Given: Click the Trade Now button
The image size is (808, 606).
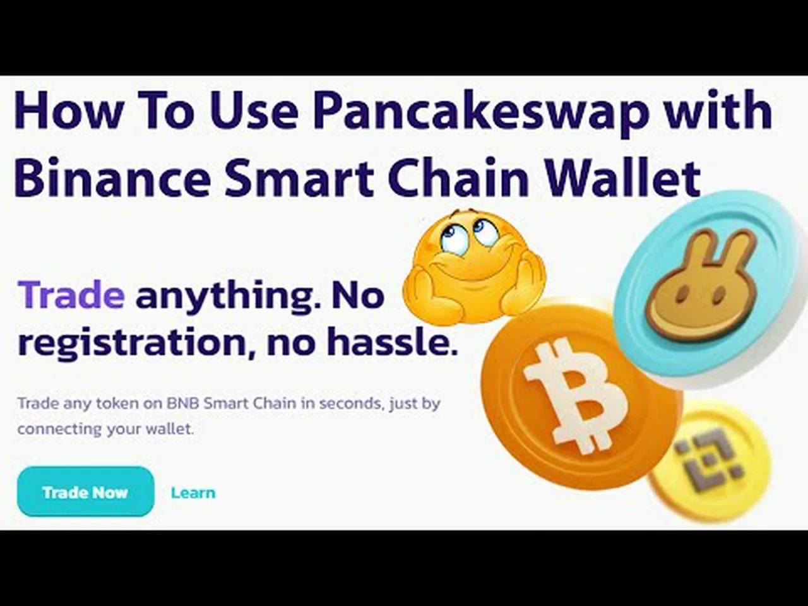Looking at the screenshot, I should pos(85,492).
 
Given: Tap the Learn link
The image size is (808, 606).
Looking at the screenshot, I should pos(193,492).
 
